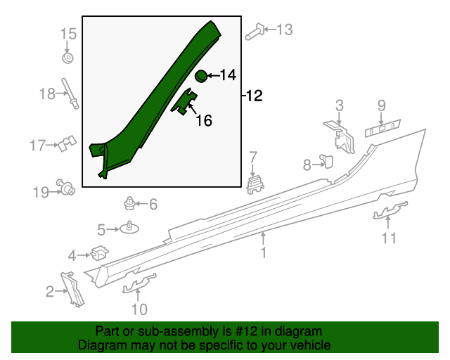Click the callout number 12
point(255,96)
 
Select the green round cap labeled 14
point(200,75)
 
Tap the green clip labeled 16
point(186,103)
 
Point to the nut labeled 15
point(68,57)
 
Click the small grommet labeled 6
point(130,205)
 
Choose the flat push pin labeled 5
point(131,227)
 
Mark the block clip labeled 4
point(99,251)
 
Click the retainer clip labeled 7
point(255,184)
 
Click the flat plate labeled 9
point(382,127)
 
